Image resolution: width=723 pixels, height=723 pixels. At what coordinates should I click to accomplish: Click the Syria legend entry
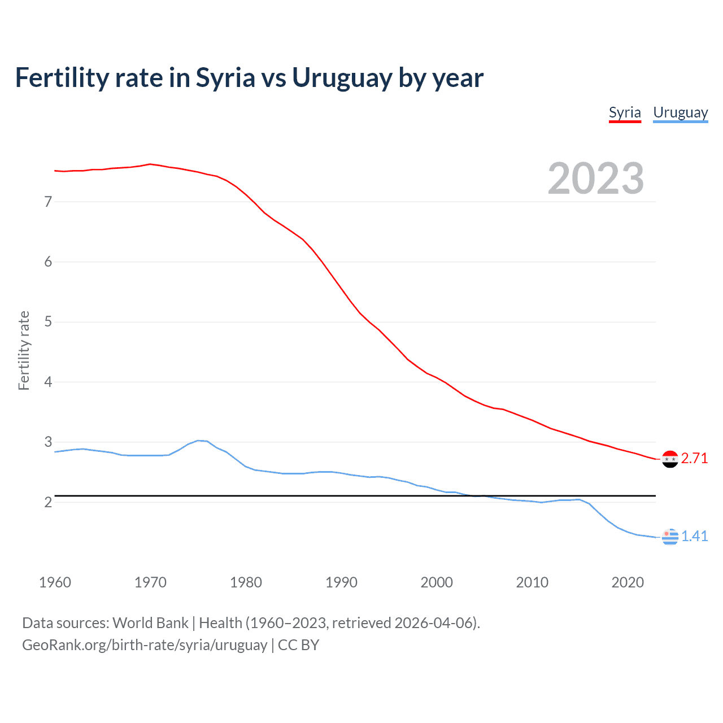point(625,112)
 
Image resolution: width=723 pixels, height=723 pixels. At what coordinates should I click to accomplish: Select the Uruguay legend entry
point(680,112)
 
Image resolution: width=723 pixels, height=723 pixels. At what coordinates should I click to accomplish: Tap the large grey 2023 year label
point(596,178)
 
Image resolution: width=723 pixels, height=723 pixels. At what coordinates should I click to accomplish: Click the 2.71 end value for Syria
point(694,458)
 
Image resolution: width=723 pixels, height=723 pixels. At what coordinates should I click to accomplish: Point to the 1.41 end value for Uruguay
point(694,536)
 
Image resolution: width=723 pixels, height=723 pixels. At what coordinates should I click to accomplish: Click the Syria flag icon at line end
point(670,459)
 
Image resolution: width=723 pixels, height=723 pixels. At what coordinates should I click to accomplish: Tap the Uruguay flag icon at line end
point(670,537)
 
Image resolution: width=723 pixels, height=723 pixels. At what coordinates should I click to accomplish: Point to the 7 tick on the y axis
point(48,202)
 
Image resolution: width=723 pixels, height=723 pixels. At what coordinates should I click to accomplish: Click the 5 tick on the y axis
point(48,322)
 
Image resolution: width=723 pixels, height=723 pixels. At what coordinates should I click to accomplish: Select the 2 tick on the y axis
point(48,502)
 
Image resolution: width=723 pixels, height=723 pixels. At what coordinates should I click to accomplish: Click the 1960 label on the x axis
point(55,582)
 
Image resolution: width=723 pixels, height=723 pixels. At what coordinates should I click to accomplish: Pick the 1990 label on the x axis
point(341,582)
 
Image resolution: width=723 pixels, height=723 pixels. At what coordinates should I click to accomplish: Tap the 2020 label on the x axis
point(628,582)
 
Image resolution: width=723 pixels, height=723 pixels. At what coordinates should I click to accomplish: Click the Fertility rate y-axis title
point(24,350)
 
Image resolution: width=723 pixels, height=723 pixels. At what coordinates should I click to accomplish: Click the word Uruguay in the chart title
point(341,78)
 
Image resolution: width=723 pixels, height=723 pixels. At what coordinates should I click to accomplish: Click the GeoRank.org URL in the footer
point(145,645)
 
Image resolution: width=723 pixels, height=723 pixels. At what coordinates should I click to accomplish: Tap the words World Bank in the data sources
point(150,623)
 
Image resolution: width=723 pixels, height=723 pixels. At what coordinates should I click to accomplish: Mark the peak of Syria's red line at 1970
point(150,164)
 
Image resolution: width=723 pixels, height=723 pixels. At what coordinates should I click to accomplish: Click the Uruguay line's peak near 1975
point(198,441)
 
